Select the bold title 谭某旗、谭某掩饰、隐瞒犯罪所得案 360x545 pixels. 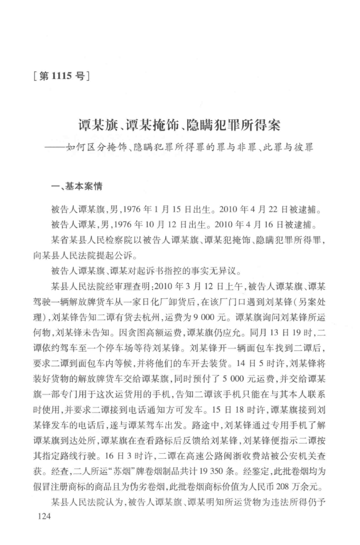pos(180,127)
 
